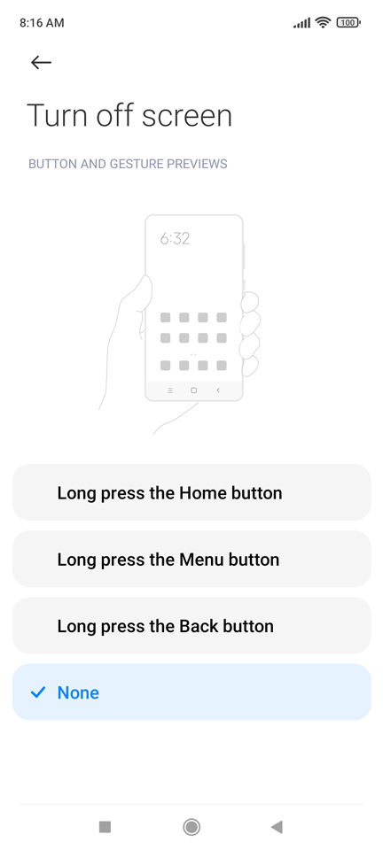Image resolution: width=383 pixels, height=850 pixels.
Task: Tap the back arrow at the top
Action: coord(42,62)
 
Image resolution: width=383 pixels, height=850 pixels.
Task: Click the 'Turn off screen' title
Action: coord(129,115)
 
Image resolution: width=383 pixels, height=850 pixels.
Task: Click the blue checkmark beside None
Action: coord(37,692)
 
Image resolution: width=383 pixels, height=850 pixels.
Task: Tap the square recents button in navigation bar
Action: coord(105,827)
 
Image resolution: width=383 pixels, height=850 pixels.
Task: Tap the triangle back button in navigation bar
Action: coord(277,827)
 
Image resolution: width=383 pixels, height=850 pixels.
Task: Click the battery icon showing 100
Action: coord(348,23)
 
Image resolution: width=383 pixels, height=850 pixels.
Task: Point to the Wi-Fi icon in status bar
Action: coord(324,22)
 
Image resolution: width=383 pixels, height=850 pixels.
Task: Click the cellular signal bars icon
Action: coord(301,23)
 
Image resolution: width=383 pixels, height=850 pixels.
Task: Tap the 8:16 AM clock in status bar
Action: coord(42,23)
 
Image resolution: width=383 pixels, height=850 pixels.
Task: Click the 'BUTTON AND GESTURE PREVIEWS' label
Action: coord(128,164)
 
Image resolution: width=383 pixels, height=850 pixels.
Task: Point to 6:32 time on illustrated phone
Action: coord(175,238)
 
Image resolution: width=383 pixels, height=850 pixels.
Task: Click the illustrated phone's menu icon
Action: coord(170,390)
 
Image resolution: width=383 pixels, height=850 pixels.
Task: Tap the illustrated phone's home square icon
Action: coord(193,390)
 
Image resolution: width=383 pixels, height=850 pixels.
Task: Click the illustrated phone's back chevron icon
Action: coord(218,390)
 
